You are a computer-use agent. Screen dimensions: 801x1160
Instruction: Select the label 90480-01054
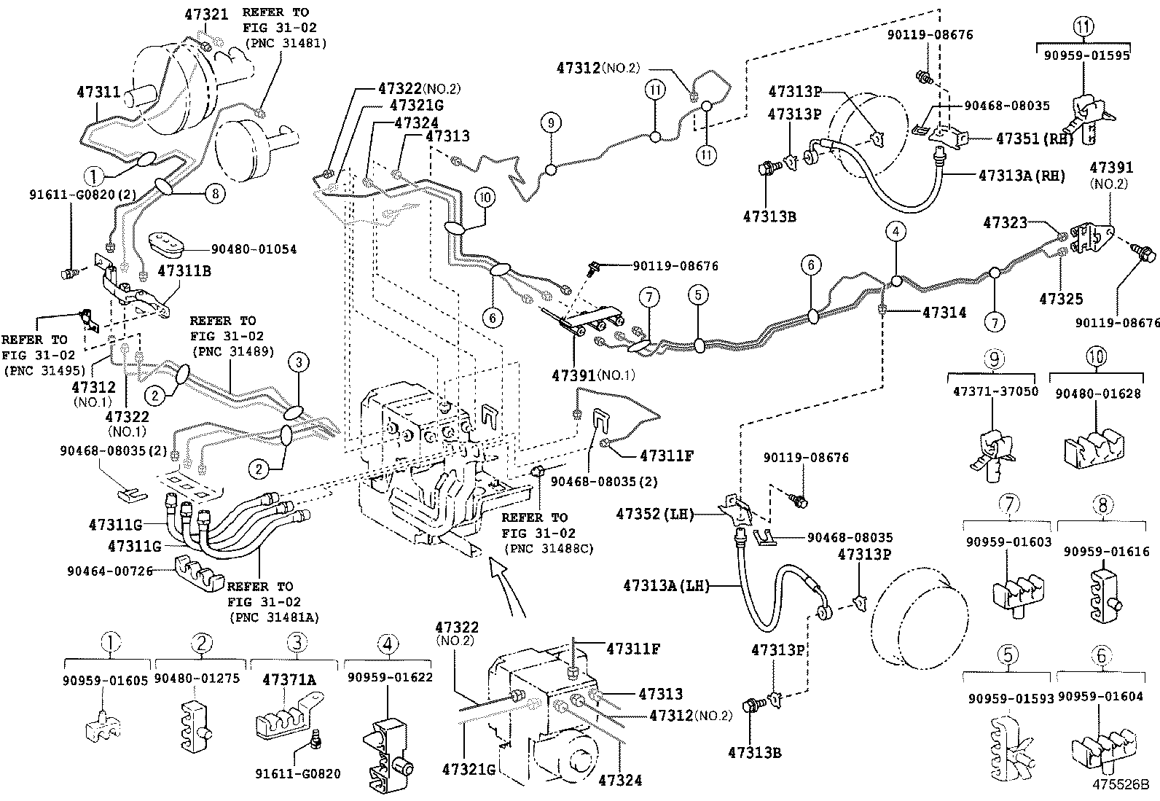click(x=254, y=249)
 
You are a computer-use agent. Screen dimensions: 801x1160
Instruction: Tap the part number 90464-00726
click(x=117, y=571)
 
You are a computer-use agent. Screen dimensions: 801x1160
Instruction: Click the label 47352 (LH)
click(x=654, y=514)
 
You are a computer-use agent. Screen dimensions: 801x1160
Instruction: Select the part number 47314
click(x=944, y=313)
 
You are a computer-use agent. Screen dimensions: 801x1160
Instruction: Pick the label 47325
click(x=1061, y=299)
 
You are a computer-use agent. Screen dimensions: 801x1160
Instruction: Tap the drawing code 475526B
click(x=1120, y=786)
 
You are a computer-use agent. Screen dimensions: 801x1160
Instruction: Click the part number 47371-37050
click(x=995, y=391)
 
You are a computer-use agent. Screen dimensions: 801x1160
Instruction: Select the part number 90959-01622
click(x=390, y=677)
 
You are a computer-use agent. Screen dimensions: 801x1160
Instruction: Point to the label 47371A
click(x=289, y=679)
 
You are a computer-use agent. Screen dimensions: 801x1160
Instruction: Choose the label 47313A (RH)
click(x=1022, y=176)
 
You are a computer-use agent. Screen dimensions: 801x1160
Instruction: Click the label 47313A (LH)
click(x=667, y=585)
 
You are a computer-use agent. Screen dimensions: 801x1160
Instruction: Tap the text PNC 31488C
click(x=547, y=548)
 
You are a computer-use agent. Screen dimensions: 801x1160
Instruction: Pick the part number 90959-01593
click(x=1011, y=698)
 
